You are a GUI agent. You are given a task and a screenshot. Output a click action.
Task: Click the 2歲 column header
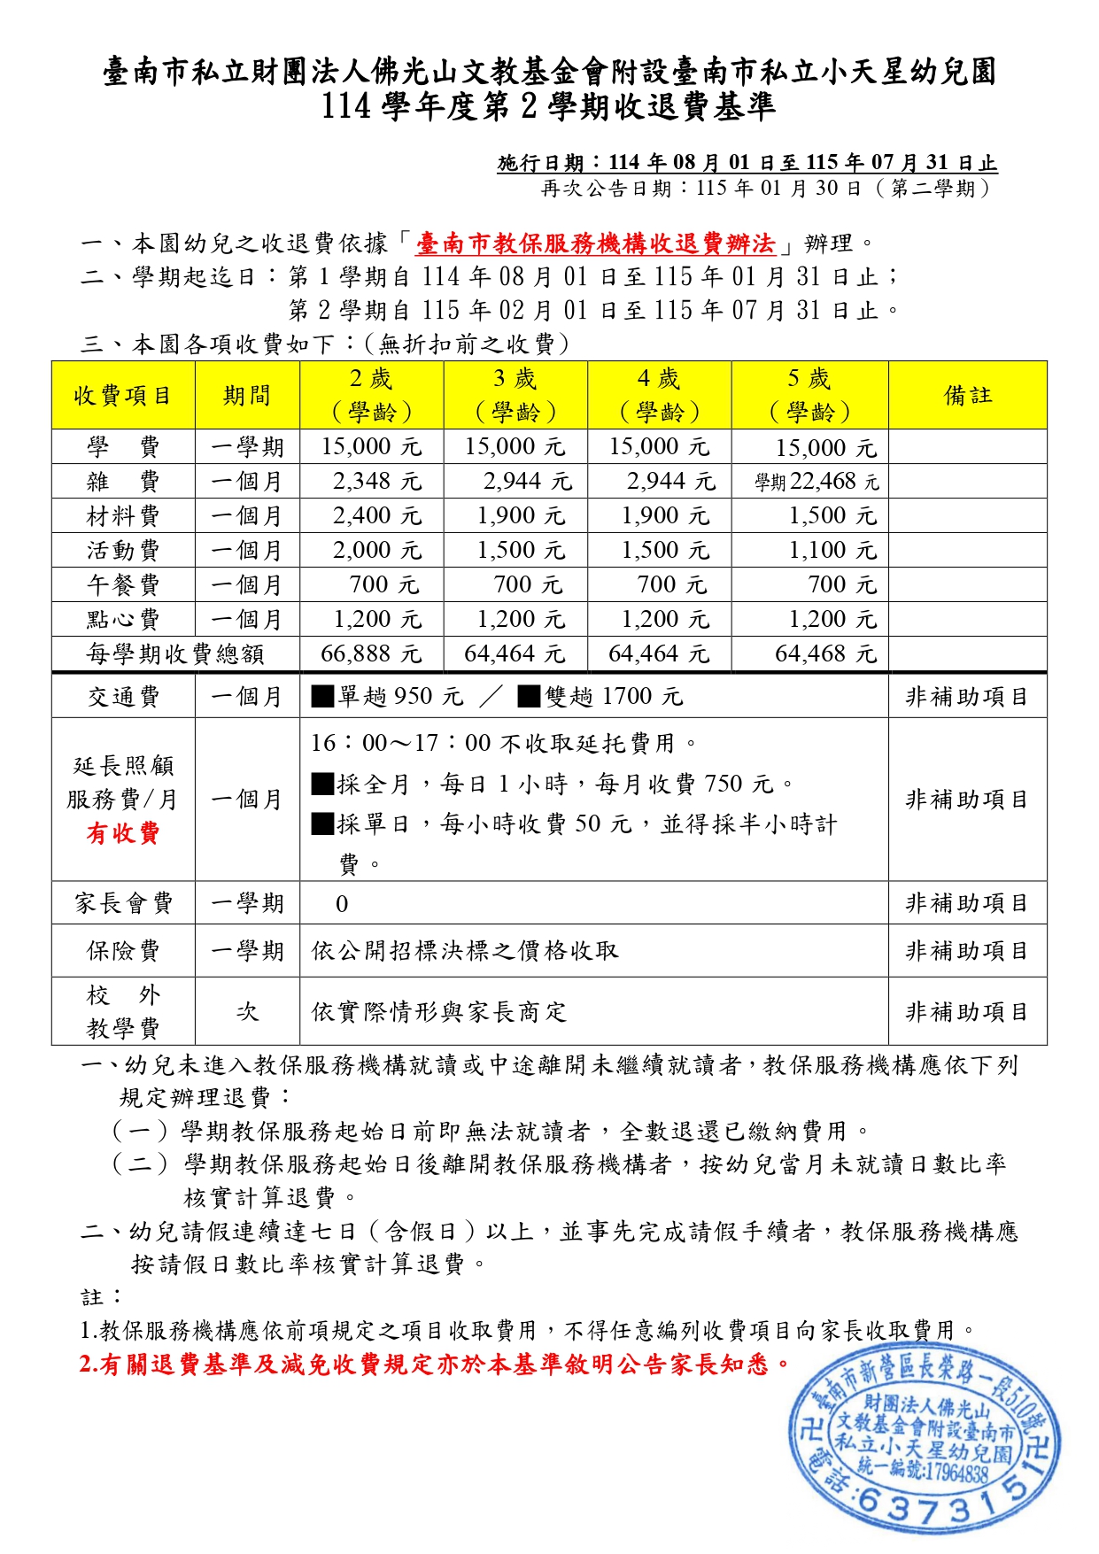click(x=372, y=395)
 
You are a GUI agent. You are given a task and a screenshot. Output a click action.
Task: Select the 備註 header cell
click(x=968, y=395)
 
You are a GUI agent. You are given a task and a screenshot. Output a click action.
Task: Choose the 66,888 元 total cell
click(x=371, y=653)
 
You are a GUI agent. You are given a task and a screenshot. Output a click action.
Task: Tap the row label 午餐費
click(x=123, y=584)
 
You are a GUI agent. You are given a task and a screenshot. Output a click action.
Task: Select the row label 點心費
click(x=123, y=619)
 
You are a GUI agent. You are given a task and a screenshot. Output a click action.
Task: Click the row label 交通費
click(x=123, y=697)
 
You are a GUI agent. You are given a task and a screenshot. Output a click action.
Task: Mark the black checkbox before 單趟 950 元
click(x=322, y=697)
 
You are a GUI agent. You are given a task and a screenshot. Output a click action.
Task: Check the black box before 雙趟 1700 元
click(x=529, y=697)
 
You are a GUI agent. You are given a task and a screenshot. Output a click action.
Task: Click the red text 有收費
click(x=123, y=833)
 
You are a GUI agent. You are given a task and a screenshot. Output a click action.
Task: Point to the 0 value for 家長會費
click(x=342, y=904)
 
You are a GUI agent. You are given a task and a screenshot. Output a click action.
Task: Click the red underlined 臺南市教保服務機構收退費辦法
click(x=595, y=244)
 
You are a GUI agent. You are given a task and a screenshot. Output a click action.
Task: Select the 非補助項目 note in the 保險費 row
click(x=967, y=951)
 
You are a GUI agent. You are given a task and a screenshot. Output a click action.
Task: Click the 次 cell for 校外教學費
click(x=247, y=1011)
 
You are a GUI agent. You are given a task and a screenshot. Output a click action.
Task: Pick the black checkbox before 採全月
click(x=322, y=784)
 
